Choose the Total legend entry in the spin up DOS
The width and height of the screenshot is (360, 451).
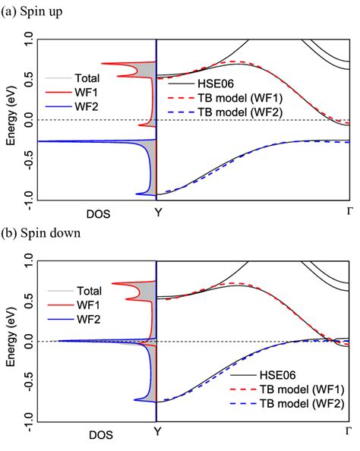coord(88,77)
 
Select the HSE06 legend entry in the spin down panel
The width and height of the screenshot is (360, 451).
coord(280,374)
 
